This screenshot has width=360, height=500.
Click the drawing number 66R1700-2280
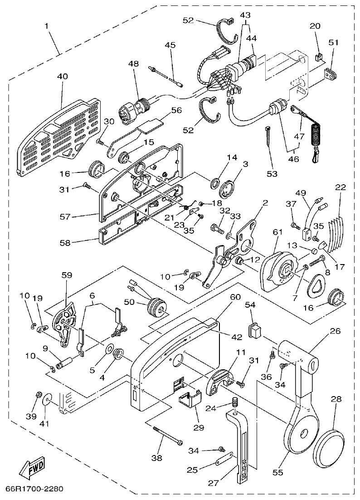coord(34,489)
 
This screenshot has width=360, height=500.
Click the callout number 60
coord(235,297)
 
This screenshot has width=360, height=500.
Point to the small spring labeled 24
coord(235,402)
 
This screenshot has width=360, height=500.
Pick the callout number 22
coord(341,187)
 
